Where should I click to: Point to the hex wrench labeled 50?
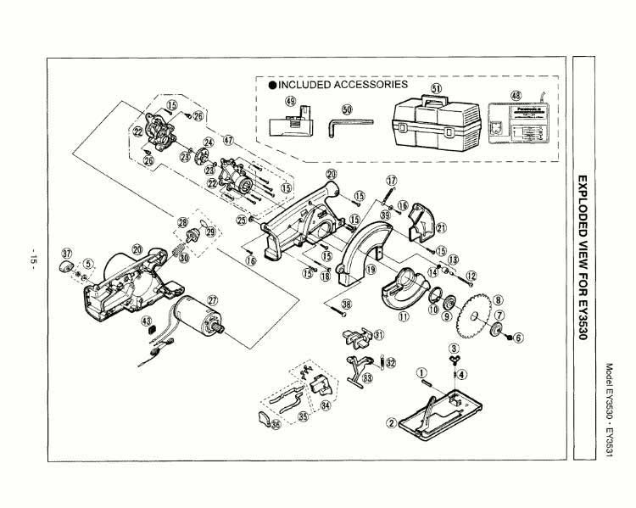pyautogui.click(x=349, y=125)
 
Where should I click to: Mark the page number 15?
pyautogui.click(x=33, y=258)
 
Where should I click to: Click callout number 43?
pyautogui.click(x=146, y=321)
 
